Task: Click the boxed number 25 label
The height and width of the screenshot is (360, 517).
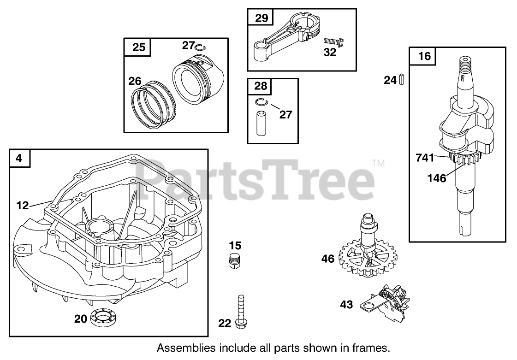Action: pyautogui.click(x=139, y=47)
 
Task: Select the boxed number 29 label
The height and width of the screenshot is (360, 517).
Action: pyautogui.click(x=261, y=18)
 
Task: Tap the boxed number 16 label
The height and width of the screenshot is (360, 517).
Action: pyautogui.click(x=424, y=56)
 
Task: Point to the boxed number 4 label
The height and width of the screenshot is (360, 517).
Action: pyautogui.click(x=19, y=158)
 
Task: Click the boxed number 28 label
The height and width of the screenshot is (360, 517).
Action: pyautogui.click(x=261, y=86)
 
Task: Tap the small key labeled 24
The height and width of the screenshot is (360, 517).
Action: pyautogui.click(x=402, y=80)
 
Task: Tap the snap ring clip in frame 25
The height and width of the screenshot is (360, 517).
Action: pyautogui.click(x=200, y=47)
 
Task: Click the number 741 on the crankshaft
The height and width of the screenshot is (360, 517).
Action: pyautogui.click(x=425, y=158)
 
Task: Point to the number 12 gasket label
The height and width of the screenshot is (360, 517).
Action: pyautogui.click(x=22, y=206)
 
